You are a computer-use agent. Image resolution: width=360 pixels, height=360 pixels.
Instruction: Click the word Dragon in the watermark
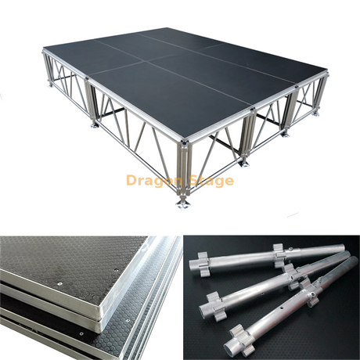pos(153,181)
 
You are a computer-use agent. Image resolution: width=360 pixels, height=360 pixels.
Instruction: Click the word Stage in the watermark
pos(209,181)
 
